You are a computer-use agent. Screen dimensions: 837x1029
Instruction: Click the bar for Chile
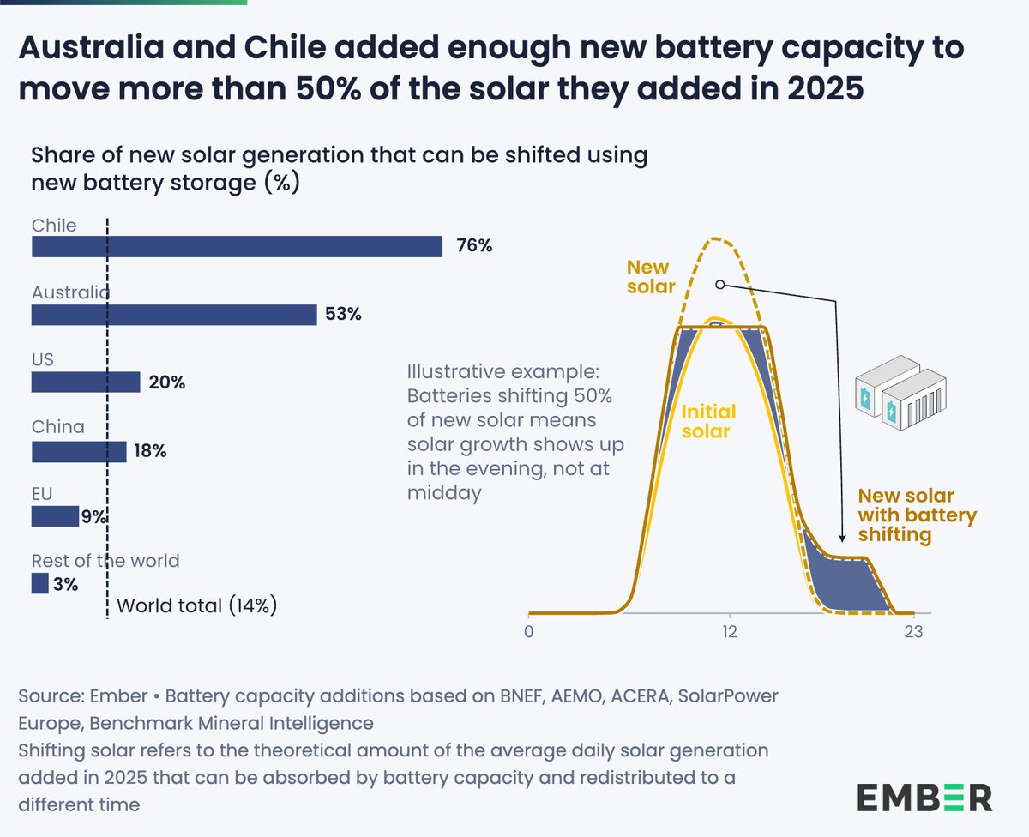point(237,247)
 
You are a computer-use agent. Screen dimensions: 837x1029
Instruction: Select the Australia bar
point(174,315)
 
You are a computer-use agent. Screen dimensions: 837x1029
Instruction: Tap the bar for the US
point(86,382)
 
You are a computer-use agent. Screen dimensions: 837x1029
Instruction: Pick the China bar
point(79,451)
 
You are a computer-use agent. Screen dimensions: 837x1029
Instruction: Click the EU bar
point(55,516)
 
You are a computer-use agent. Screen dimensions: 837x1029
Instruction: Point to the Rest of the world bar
point(40,584)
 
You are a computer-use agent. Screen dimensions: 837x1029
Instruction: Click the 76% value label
point(473,247)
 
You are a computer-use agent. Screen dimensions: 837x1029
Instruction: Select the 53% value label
point(343,315)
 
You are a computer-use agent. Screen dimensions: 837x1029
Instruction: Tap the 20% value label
point(166,382)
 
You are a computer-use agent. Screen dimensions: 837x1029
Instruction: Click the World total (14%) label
point(196,605)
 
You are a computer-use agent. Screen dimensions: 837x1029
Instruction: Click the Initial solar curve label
point(708,421)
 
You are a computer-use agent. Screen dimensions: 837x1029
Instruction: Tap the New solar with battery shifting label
point(918,515)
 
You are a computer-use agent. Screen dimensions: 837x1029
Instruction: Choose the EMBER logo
point(925,797)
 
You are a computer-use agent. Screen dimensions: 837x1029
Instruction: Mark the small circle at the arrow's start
point(719,284)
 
